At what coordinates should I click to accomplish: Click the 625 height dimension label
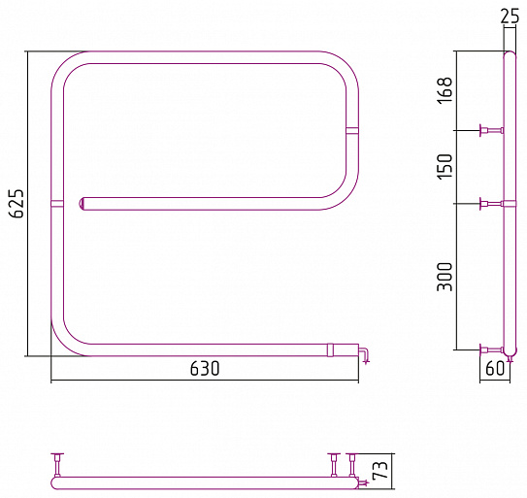[16, 204]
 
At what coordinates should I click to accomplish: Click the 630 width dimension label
[205, 369]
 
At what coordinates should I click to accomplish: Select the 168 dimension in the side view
[445, 91]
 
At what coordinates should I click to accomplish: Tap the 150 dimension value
[445, 167]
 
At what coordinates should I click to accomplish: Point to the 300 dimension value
[445, 277]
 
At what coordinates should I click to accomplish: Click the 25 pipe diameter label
[510, 17]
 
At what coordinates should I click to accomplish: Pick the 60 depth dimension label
[495, 369]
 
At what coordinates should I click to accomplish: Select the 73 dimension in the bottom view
[380, 470]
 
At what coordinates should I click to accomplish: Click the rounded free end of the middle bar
[82, 204]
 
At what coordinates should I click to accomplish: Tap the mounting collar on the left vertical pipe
[57, 204]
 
